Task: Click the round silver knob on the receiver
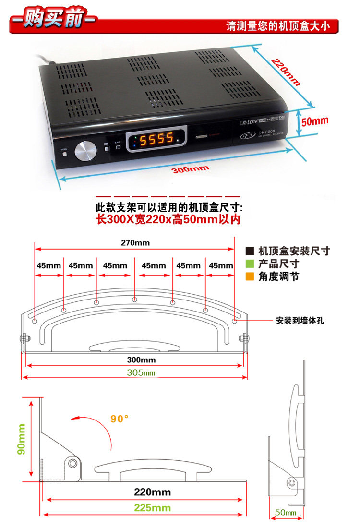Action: (x=85, y=151)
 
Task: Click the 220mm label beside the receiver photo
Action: (x=286, y=72)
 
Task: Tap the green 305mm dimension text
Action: (x=141, y=372)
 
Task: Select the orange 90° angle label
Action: (x=120, y=419)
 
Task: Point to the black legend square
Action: (x=250, y=251)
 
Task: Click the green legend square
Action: (x=250, y=264)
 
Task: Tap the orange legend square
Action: (x=250, y=276)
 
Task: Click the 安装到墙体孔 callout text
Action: (x=300, y=320)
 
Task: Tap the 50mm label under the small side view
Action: (x=285, y=513)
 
